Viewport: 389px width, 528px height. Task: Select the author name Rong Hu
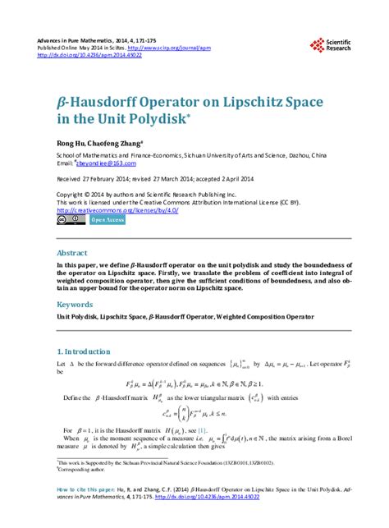click(x=69, y=141)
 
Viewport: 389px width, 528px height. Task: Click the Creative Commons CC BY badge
click(x=71, y=220)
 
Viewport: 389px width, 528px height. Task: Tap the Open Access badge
click(x=107, y=220)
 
